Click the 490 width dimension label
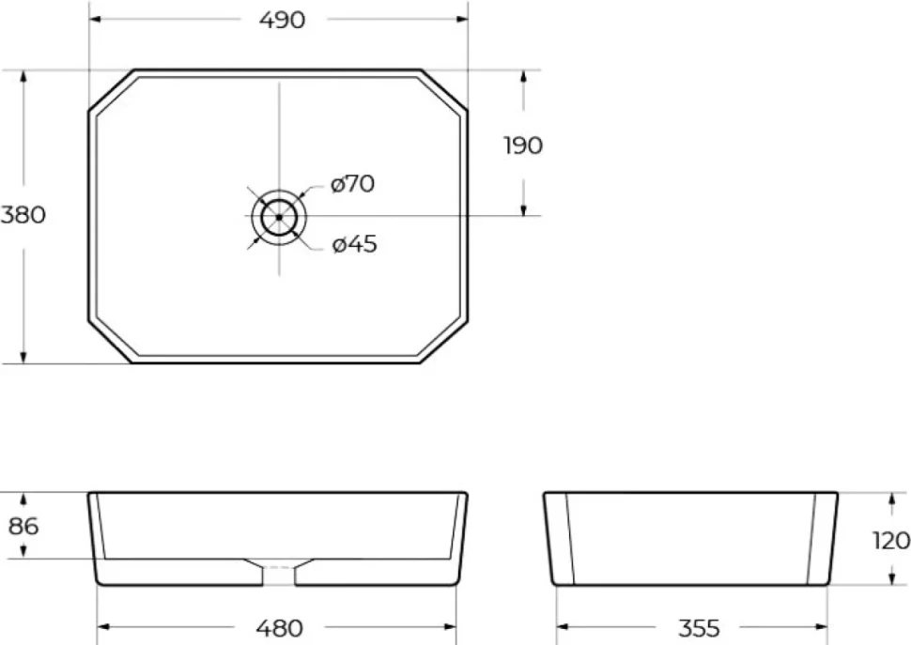click(282, 21)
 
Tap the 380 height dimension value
click(23, 215)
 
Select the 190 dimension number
click(523, 146)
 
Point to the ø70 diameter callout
click(353, 184)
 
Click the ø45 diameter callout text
click(354, 244)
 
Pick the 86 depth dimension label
click(23, 526)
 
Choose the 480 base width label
click(280, 628)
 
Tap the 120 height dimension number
click(891, 541)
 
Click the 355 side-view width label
click(699, 628)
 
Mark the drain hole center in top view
click(279, 217)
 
